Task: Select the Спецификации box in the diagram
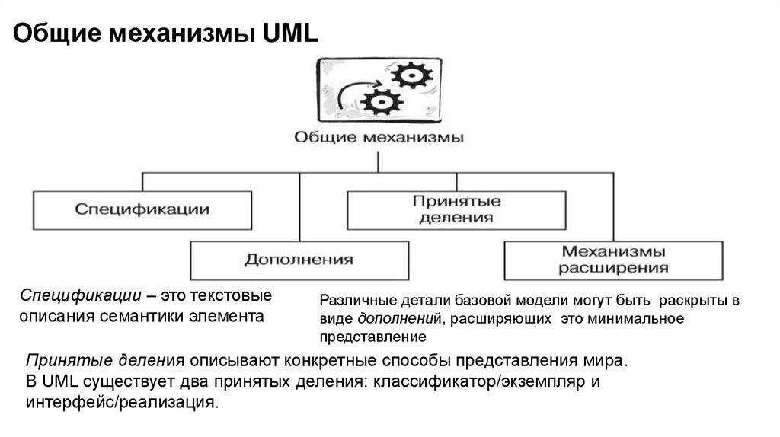142,209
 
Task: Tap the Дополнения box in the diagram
299,260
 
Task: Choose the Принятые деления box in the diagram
456,209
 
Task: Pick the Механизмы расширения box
613,260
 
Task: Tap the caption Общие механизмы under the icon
379,139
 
